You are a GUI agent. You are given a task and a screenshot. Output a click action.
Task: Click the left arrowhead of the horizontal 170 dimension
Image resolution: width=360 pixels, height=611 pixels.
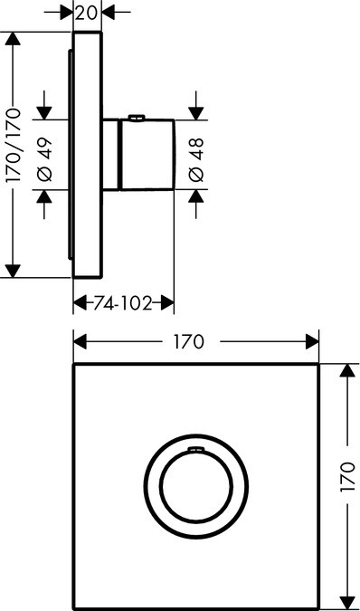point(79,341)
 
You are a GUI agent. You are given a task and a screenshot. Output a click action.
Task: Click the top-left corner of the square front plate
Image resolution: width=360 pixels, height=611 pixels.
point(73,366)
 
